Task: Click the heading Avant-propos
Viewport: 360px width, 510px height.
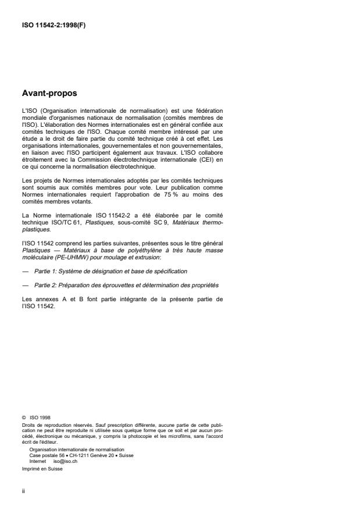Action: pyautogui.click(x=49, y=93)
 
